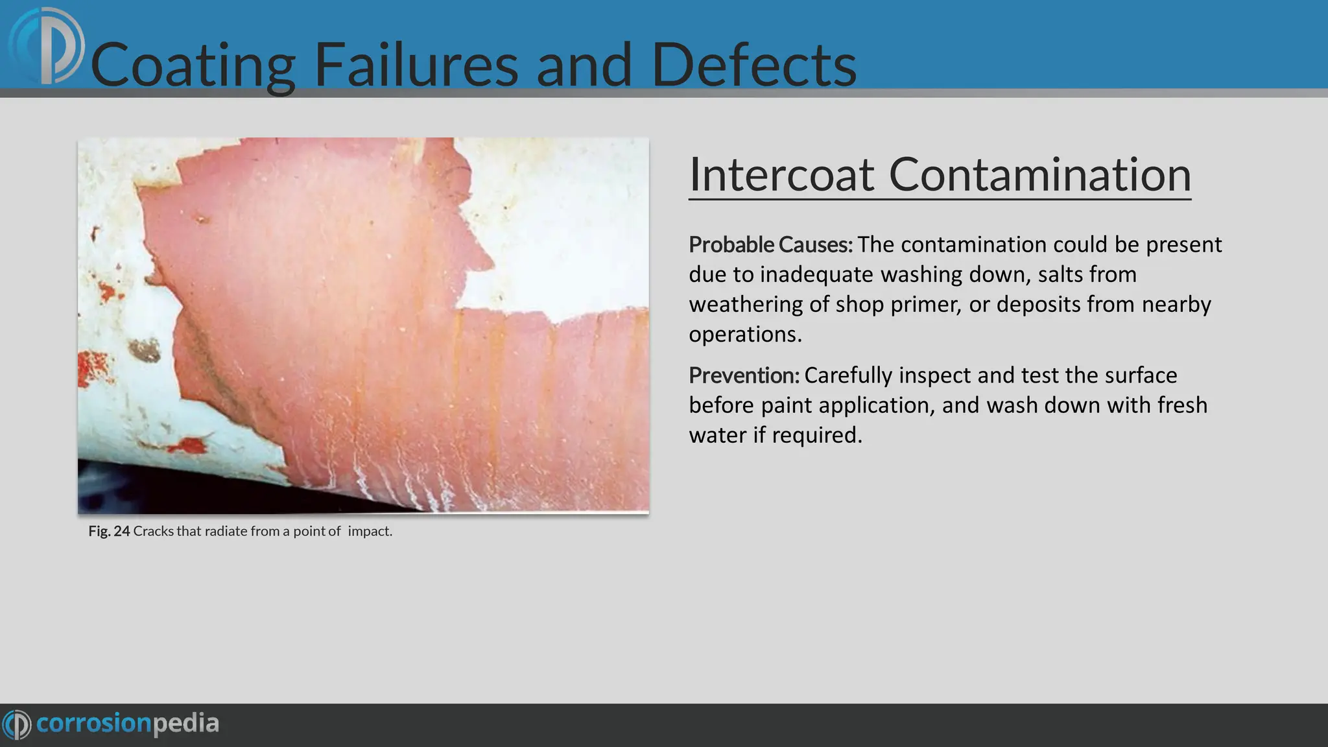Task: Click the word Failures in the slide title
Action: click(x=416, y=65)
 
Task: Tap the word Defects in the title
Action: click(x=753, y=65)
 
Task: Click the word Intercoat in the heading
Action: click(x=781, y=174)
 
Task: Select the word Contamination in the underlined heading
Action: click(x=1039, y=174)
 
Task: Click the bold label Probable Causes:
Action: click(x=770, y=245)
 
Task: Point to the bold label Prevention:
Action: click(x=744, y=375)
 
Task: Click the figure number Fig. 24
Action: click(x=109, y=531)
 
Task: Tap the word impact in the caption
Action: click(x=370, y=531)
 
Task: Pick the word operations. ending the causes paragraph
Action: click(x=745, y=334)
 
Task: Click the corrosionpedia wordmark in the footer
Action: click(x=128, y=724)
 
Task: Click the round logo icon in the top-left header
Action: click(x=47, y=45)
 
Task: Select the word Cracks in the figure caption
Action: click(x=153, y=531)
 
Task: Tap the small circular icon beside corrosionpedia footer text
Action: click(x=17, y=724)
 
